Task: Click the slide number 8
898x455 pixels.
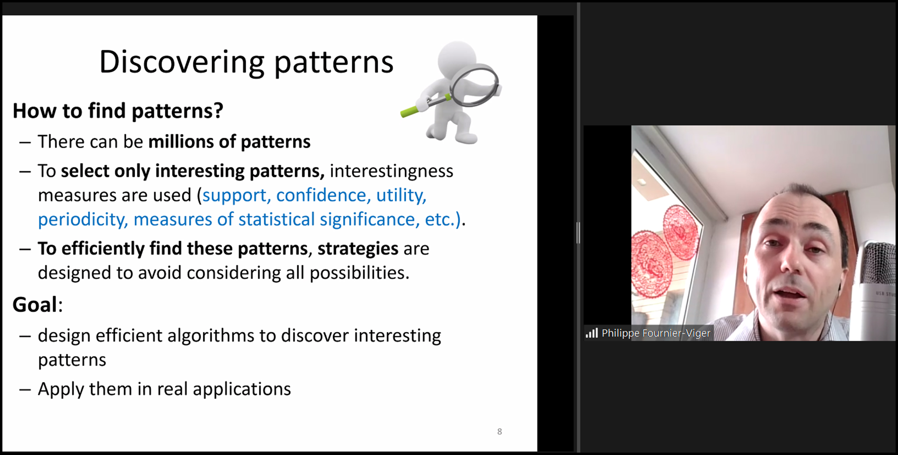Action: pyautogui.click(x=500, y=432)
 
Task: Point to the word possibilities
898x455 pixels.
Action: pyautogui.click(x=359, y=273)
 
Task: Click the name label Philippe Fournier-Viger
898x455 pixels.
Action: pyautogui.click(x=656, y=333)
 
